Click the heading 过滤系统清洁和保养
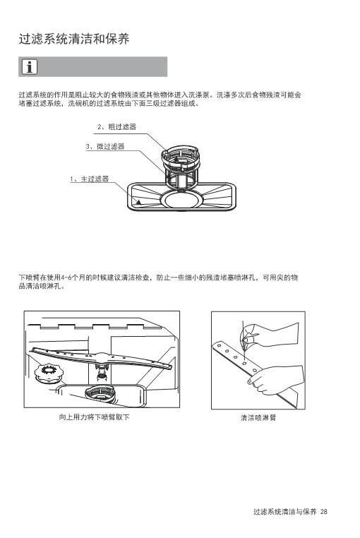click(74, 39)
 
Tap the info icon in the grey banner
click(30, 67)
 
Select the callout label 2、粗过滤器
click(116, 127)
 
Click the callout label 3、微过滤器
click(105, 147)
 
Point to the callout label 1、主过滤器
click(89, 179)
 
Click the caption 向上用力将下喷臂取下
click(94, 417)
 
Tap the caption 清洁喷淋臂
click(258, 417)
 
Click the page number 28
click(323, 512)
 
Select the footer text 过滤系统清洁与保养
click(285, 512)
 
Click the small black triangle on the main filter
click(138, 202)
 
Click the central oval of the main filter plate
click(182, 199)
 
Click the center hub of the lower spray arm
click(101, 358)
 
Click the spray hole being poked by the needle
click(244, 363)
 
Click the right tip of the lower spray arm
click(172, 367)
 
